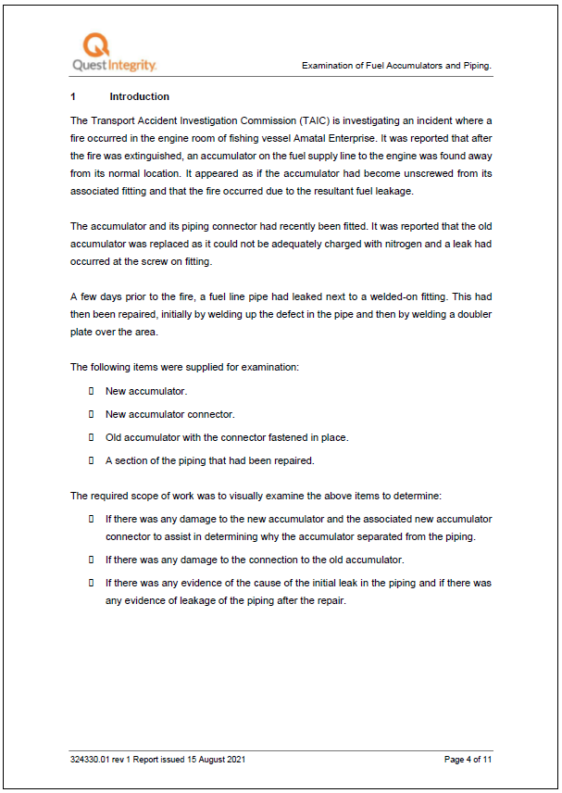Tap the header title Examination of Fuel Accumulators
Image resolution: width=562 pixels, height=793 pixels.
[396, 66]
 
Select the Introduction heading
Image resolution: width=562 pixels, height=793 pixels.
[139, 96]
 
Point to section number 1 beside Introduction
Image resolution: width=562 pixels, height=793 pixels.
[73, 96]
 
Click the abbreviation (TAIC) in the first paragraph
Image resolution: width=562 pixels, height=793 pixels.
[314, 120]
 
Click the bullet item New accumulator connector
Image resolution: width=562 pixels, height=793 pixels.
[170, 414]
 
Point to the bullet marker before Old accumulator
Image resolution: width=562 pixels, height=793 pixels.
[92, 437]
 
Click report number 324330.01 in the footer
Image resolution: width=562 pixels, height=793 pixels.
[97, 760]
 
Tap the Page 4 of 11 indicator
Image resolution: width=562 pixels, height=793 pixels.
[468, 760]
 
